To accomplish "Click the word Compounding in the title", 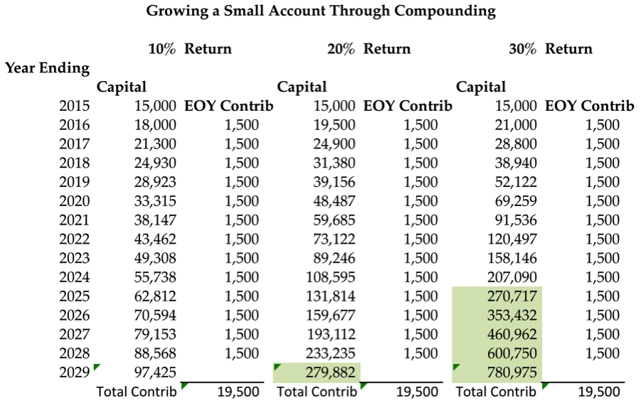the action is coord(445,11).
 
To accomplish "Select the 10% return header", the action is coord(190,49).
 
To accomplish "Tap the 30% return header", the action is coord(551,49).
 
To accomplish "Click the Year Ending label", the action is coord(48,68).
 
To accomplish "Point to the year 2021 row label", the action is coord(75,220).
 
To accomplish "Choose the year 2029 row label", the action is coord(75,372).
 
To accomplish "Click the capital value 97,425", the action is coord(155,372).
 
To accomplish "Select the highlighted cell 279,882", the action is coord(331,372).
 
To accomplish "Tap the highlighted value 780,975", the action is coord(512,372).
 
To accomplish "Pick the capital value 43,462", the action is coord(155,240).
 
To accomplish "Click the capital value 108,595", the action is coord(331,277).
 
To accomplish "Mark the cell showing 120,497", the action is coord(512,240).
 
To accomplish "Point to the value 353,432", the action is coord(512,315).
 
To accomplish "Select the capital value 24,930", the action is coord(155,163).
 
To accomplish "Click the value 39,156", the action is coord(334,182).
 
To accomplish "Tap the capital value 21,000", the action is coord(516,125).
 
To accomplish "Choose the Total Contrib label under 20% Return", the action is coord(317,392).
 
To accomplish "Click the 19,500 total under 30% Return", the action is coord(599,392).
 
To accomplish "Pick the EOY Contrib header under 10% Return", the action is coord(228,106).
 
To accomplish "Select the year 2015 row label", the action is coord(75,106).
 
